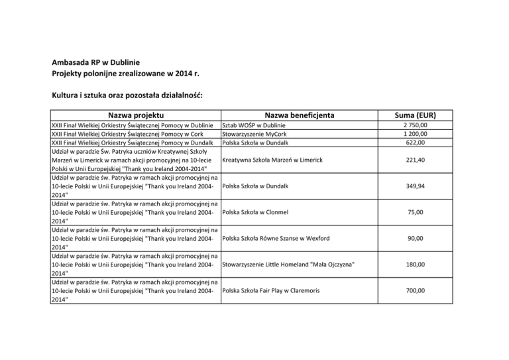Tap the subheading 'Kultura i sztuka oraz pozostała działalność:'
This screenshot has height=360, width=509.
tap(127, 95)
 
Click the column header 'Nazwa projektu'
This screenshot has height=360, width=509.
tap(136, 115)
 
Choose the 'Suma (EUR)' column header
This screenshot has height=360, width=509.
tap(416, 115)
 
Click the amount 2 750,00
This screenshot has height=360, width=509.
tap(416, 125)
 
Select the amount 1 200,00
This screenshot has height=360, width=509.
tap(416, 134)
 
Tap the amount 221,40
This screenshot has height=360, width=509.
tap(416, 160)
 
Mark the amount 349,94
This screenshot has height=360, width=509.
tap(416, 186)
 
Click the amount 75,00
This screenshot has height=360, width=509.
tap(416, 212)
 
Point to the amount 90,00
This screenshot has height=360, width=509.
tap(416, 239)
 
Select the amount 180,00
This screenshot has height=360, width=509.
tap(416, 265)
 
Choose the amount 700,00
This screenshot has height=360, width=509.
tap(416, 290)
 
